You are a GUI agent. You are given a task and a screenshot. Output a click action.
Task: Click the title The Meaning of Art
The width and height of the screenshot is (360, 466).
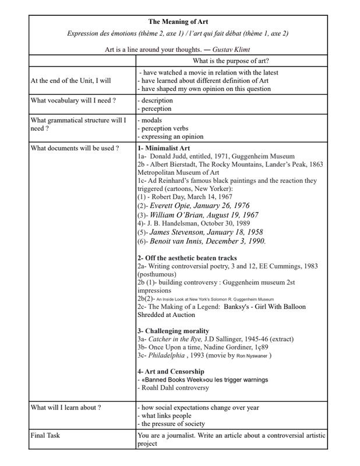pos(180,22)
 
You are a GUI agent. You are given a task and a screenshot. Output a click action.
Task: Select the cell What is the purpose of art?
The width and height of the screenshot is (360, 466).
pos(231,61)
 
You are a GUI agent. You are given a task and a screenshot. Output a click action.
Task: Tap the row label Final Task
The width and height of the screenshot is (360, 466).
pos(47,435)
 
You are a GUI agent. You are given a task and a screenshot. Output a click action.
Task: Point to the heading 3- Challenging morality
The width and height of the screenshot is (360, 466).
pos(172,331)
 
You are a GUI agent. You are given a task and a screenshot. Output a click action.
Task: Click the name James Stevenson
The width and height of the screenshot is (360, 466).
pos(180,235)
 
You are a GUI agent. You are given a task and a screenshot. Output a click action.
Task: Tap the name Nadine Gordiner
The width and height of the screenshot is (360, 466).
pos(224,347)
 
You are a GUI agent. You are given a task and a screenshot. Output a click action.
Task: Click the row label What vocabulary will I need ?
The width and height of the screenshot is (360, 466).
pos(73,100)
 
